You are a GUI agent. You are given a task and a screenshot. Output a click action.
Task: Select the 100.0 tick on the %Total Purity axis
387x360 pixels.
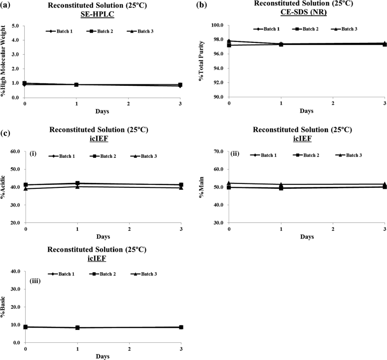(216, 25)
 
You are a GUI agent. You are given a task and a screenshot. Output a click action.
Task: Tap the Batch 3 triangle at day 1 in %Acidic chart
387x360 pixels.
(77, 186)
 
